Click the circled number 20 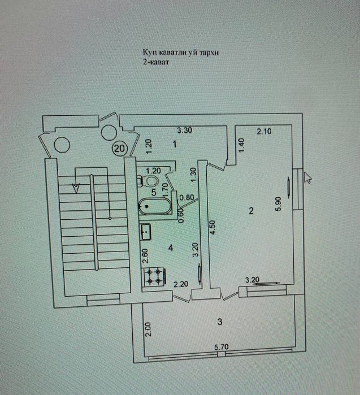[119, 148]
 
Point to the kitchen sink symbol [146, 231]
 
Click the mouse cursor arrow [307, 177]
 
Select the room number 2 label [251, 211]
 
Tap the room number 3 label [220, 322]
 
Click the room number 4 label [170, 247]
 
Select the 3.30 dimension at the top [185, 130]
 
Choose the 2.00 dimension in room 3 [148, 329]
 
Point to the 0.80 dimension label [186, 197]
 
